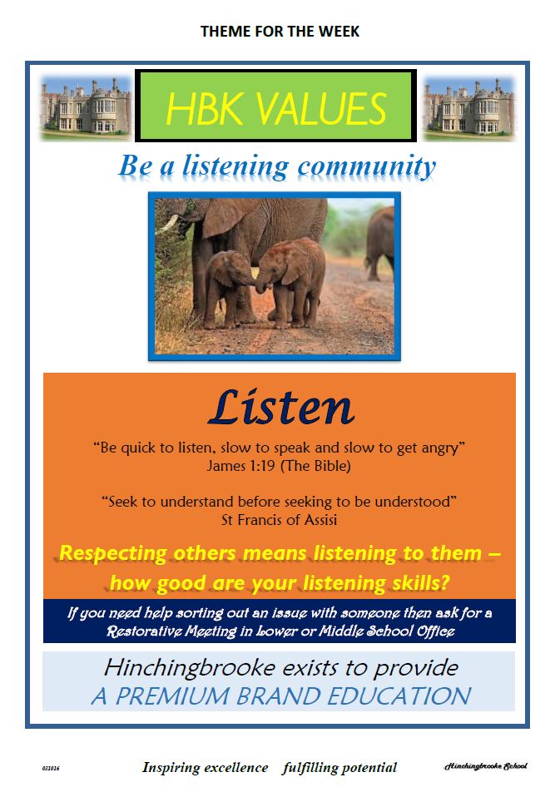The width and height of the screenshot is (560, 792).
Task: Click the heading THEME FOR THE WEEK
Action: pos(280,32)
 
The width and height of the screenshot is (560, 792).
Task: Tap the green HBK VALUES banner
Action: pos(275,106)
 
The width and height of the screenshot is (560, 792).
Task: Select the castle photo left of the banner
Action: pos(86,107)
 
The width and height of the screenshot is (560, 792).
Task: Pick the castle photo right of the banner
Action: pos(469,107)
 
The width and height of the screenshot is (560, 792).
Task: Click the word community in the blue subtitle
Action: pos(366,166)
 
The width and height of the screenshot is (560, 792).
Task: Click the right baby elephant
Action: pos(292,281)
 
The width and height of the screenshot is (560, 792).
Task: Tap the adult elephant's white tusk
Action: pos(168,224)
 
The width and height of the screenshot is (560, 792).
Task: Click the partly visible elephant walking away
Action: pos(379,242)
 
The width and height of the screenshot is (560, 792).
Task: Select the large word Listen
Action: pos(281,407)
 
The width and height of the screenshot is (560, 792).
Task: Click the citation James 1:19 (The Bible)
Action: pos(279,465)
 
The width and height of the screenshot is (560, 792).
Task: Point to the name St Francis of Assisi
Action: pos(279,520)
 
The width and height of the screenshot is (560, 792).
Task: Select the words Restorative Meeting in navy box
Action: pos(171,631)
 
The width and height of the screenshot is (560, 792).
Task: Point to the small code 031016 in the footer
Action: pos(51,768)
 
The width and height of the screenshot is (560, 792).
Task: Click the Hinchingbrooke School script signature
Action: pos(485,766)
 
